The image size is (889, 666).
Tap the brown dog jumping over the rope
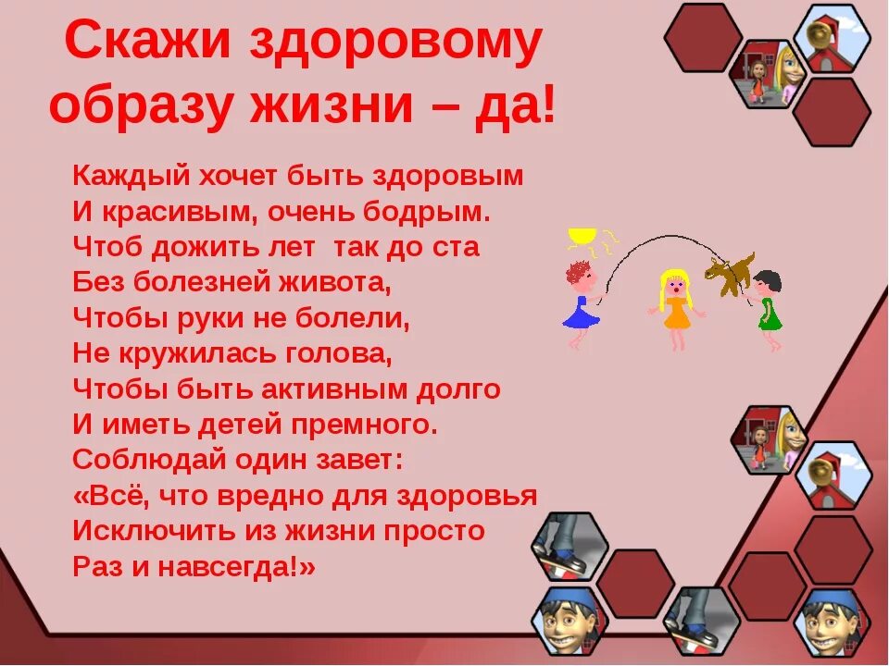729,272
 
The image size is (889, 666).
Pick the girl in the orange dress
676,305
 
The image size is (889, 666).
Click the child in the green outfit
768,305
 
